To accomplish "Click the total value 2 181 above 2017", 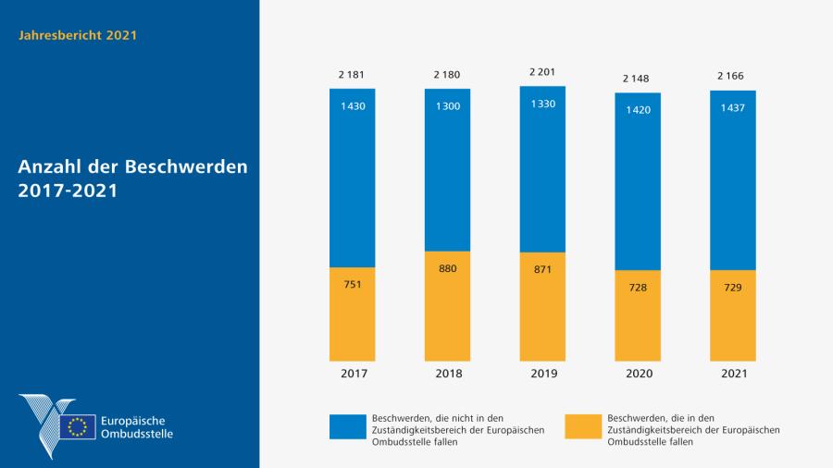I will tap(352, 74).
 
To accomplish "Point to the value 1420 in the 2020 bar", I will tap(638, 108).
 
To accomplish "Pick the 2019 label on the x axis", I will tap(542, 374).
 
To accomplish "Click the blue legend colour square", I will tap(348, 426).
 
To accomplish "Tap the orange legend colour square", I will tap(584, 426).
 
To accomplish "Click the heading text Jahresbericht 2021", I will tap(78, 35).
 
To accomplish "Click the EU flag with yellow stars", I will tap(78, 426).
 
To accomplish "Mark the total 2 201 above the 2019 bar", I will tap(542, 71).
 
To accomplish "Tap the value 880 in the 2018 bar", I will tap(447, 268).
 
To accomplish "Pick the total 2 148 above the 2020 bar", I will tap(638, 78).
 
